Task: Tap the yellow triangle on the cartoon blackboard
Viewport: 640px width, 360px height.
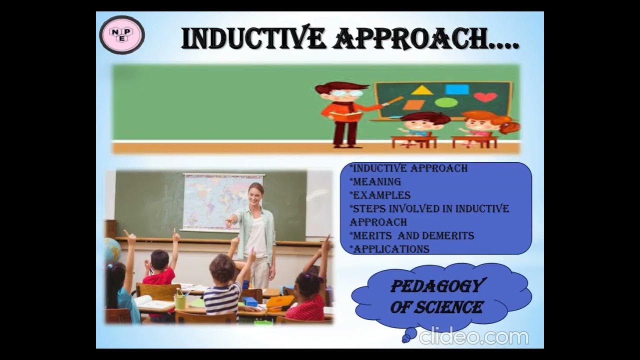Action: click(422, 90)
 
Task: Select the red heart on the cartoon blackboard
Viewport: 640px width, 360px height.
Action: click(485, 96)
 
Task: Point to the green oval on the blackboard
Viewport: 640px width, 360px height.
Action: click(445, 103)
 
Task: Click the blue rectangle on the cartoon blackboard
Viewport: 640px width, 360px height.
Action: click(457, 89)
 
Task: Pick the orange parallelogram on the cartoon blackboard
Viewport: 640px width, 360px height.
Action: click(413, 105)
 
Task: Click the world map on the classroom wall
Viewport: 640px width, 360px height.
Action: click(222, 200)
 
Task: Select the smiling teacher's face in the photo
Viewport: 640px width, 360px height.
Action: click(256, 192)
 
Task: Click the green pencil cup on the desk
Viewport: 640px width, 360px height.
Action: click(180, 301)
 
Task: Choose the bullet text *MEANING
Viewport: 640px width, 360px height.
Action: click(375, 181)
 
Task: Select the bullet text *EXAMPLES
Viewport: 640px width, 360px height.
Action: click(380, 195)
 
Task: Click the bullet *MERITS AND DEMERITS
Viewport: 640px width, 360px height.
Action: click(412, 235)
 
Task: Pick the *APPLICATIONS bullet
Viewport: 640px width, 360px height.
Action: click(389, 248)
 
